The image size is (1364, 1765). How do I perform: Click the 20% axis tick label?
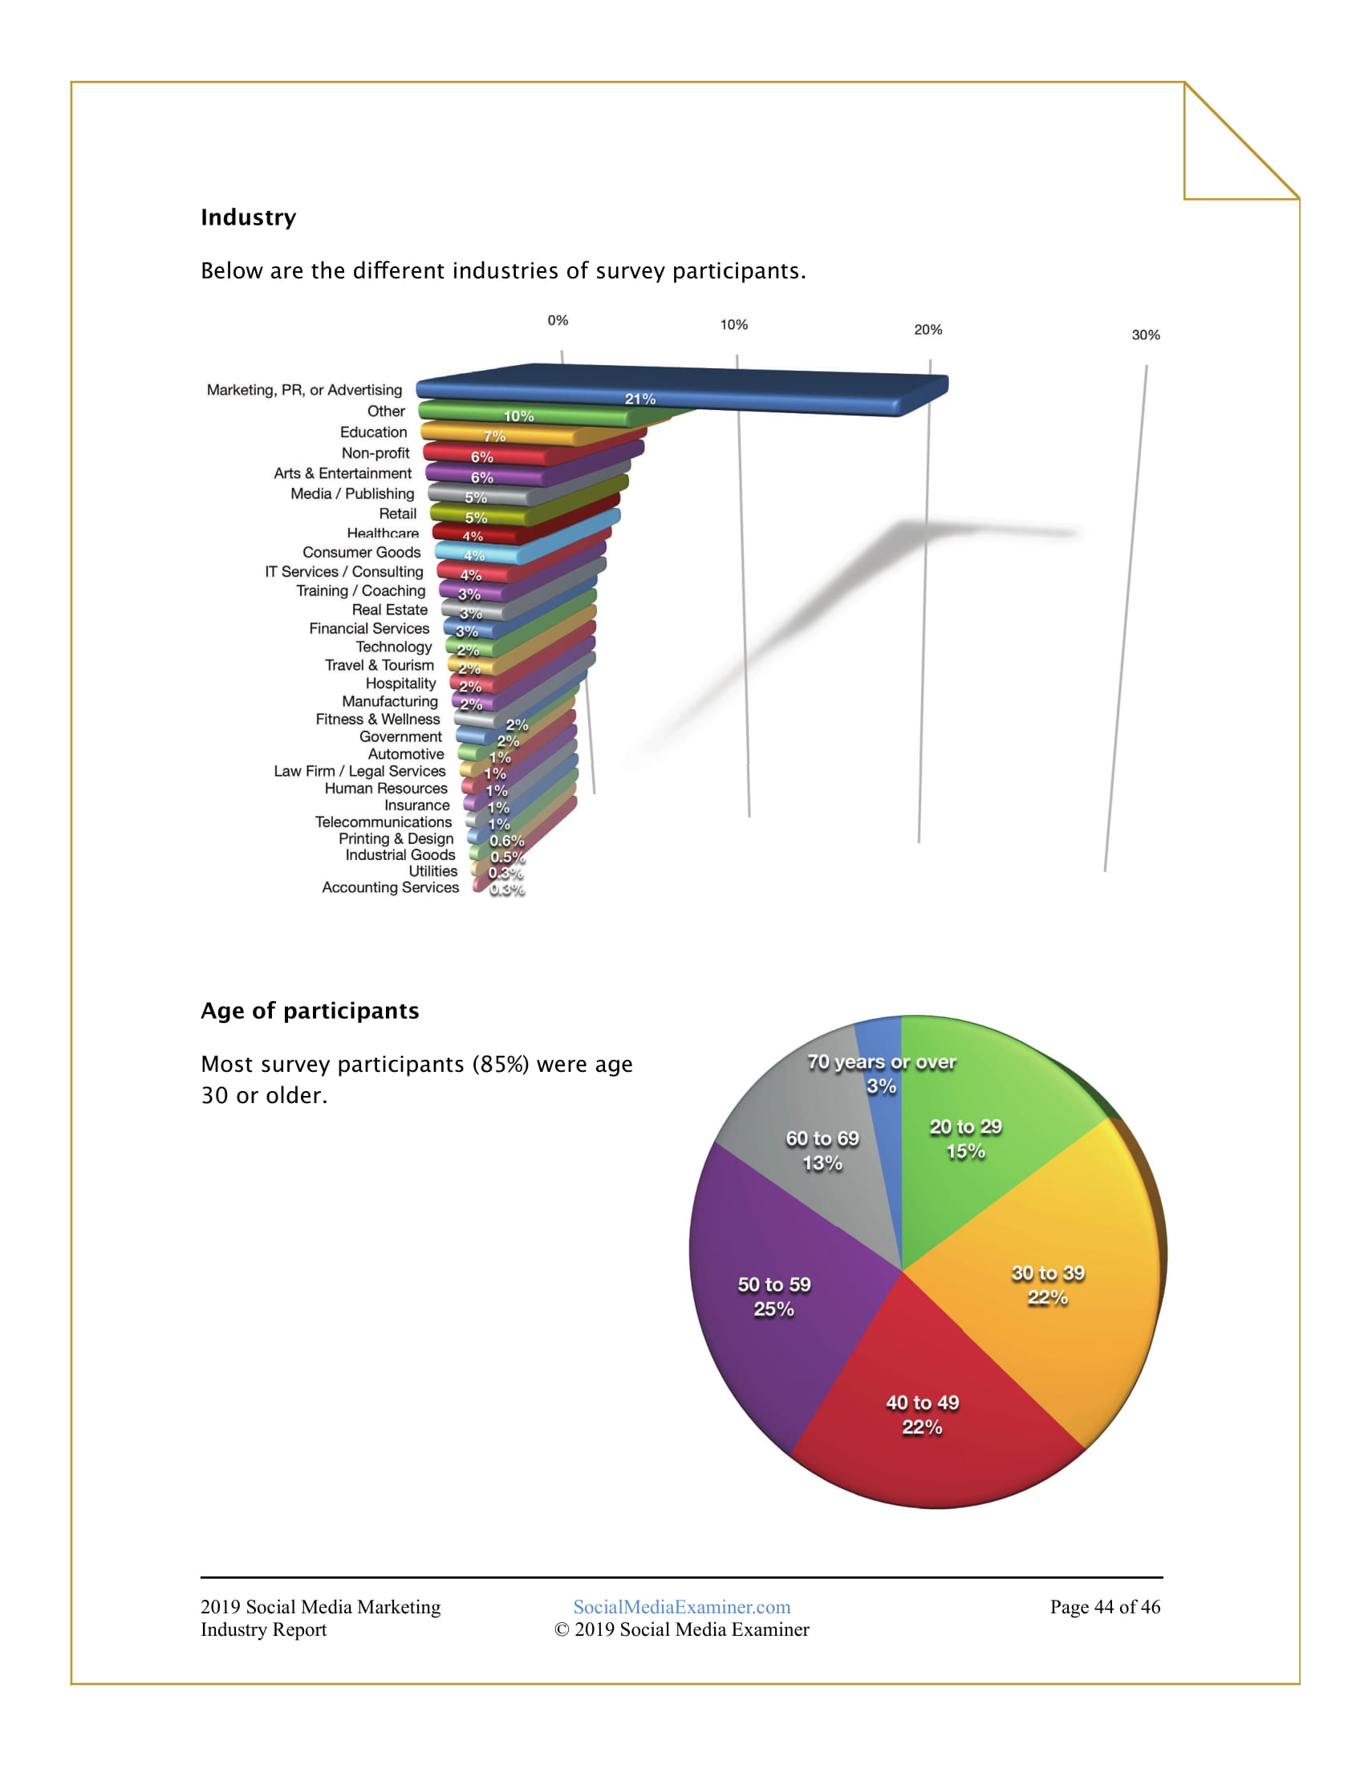[928, 330]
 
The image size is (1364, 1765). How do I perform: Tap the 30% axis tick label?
[1145, 335]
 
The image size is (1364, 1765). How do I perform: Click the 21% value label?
[640, 400]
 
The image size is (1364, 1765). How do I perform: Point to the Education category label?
[373, 432]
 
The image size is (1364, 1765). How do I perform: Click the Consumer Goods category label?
[361, 552]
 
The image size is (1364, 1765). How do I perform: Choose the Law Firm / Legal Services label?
[359, 771]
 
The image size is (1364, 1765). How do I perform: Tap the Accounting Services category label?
[390, 887]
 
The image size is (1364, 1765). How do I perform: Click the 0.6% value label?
[506, 842]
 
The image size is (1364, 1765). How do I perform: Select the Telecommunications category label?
[383, 822]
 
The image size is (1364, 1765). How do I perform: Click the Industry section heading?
[248, 217]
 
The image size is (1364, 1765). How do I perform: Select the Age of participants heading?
[310, 1011]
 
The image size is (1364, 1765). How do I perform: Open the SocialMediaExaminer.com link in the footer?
[681, 1607]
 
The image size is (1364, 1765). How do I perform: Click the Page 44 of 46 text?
[1105, 1607]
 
